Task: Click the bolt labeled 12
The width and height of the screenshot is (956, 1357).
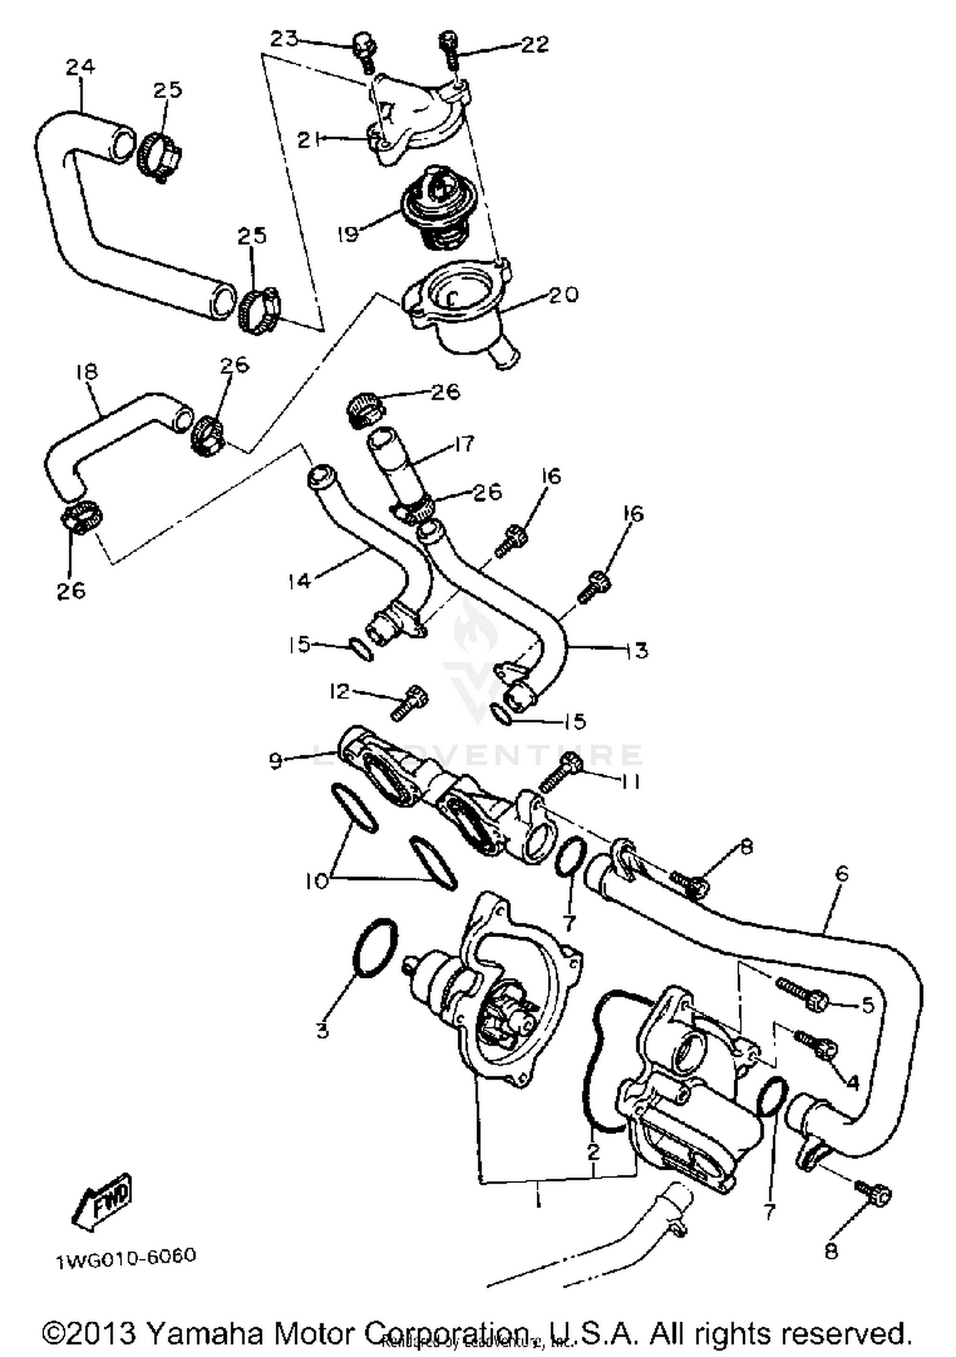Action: tap(408, 703)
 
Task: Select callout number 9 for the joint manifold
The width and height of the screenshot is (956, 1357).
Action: tap(275, 761)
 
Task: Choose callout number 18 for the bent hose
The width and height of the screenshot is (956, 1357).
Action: tap(87, 371)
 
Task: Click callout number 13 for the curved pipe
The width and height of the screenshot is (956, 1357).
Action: tap(636, 650)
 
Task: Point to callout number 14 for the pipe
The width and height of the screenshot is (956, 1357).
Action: tap(298, 580)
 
